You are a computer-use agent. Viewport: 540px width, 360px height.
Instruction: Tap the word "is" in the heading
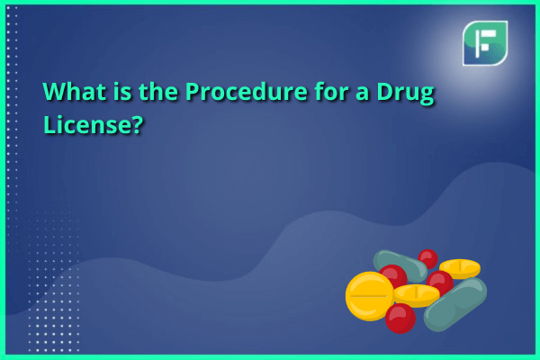[122, 92]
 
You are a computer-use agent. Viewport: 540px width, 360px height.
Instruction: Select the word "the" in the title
[157, 92]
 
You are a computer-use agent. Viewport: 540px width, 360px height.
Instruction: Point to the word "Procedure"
[246, 92]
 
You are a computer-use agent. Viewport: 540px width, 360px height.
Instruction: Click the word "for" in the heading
[330, 92]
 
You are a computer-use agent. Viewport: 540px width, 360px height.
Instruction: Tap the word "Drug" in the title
[405, 94]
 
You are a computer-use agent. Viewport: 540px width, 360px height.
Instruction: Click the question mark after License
[137, 124]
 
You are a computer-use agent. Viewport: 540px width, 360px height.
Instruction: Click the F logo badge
[485, 43]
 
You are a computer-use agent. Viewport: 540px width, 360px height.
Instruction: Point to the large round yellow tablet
[370, 296]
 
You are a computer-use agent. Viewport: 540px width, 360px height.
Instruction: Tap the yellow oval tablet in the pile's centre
[417, 295]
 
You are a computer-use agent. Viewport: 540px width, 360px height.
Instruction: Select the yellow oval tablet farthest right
[460, 268]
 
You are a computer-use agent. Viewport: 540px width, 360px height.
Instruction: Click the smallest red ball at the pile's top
[427, 258]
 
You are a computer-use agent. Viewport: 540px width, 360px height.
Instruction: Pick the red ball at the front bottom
[400, 319]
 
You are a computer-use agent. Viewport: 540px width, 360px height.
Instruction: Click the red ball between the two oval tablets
[440, 283]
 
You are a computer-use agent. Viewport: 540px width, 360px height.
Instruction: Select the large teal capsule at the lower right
[455, 304]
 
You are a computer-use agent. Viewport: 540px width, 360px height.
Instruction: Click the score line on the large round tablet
[369, 295]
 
